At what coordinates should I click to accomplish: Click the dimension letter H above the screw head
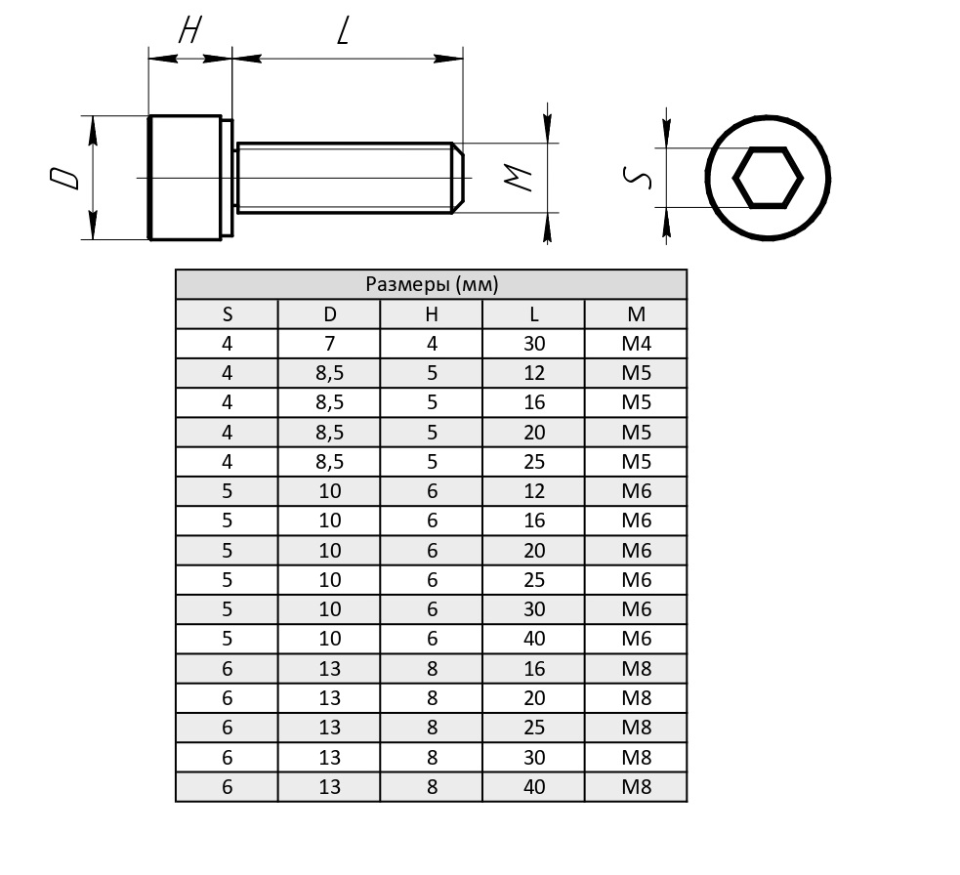[x=189, y=30]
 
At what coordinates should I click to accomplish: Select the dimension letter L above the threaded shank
[x=344, y=30]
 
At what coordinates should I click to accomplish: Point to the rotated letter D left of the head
[x=64, y=178]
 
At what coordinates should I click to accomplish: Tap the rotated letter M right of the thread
[x=518, y=178]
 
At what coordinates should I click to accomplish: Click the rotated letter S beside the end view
[x=638, y=178]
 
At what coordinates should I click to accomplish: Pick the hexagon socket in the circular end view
[x=768, y=178]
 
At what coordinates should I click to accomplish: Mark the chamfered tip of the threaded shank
[x=458, y=178]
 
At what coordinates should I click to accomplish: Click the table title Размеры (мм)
[x=432, y=284]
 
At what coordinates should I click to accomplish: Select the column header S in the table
[x=228, y=314]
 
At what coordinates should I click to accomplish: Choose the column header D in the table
[x=329, y=314]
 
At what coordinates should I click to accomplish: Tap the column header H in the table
[x=432, y=314]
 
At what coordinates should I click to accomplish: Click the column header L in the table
[x=534, y=314]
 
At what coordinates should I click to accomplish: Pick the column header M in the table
[x=636, y=314]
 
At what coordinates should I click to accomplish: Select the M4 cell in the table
[x=636, y=344]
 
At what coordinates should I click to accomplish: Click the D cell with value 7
[x=329, y=344]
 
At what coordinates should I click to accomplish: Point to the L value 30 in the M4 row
[x=534, y=344]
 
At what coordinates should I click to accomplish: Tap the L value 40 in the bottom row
[x=534, y=787]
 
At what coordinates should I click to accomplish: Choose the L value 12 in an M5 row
[x=534, y=373]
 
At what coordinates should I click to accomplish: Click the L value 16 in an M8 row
[x=534, y=669]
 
